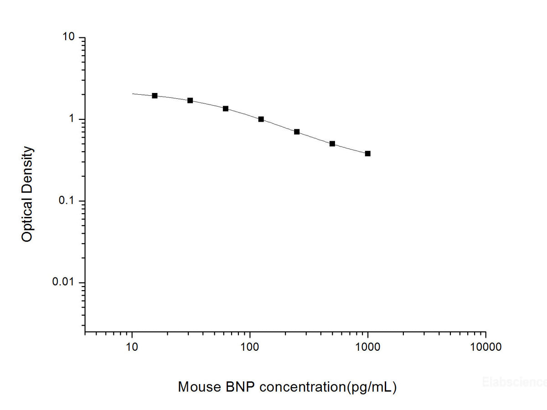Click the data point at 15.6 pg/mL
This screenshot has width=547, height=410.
(155, 96)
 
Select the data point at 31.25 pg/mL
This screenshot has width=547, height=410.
(190, 100)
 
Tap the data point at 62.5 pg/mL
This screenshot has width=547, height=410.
(226, 108)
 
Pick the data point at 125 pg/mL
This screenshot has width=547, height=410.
(261, 119)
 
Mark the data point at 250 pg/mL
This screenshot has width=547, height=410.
(297, 132)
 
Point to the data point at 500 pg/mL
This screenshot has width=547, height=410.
(332, 143)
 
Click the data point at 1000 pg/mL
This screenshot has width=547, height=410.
(368, 154)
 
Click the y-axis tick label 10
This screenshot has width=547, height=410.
(69, 37)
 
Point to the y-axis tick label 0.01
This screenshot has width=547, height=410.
(64, 282)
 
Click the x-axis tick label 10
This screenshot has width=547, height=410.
(132, 347)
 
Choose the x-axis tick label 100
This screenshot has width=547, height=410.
(250, 347)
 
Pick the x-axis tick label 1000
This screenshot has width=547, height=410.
(367, 347)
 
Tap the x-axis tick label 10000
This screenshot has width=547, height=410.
(485, 347)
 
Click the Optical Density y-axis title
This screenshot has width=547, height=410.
(27, 194)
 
